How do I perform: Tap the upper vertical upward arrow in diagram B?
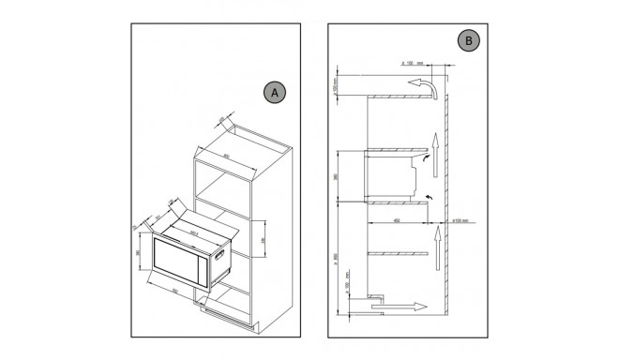point(434,145)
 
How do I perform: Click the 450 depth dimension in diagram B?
point(400,221)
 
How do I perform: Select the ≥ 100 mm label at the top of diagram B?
point(412,63)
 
